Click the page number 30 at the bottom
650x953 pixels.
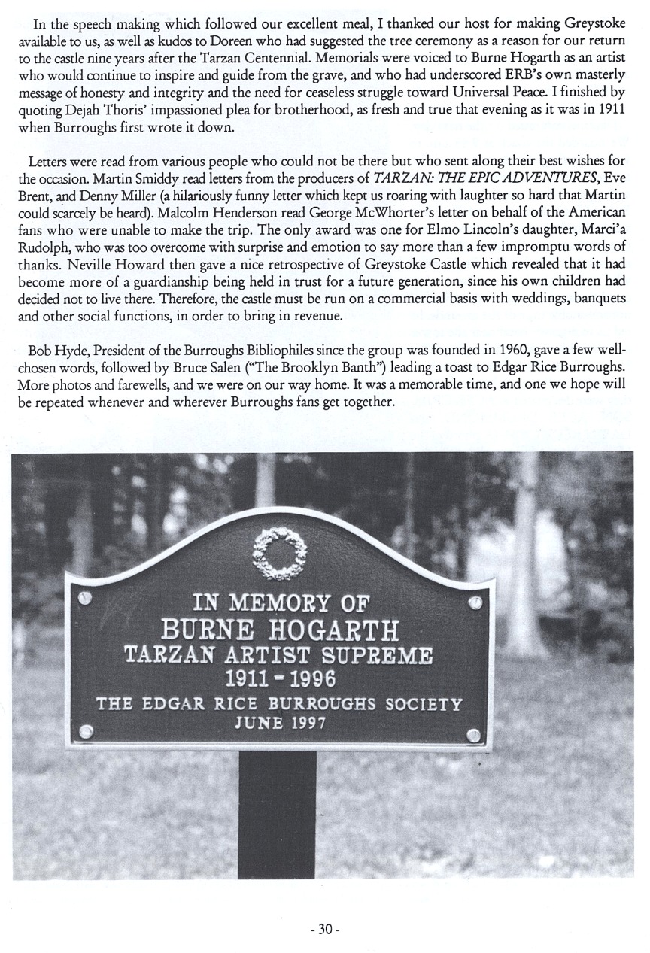(325, 929)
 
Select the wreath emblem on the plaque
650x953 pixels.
(281, 554)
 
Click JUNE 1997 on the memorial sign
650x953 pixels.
(280, 724)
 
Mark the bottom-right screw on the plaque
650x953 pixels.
(475, 736)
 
